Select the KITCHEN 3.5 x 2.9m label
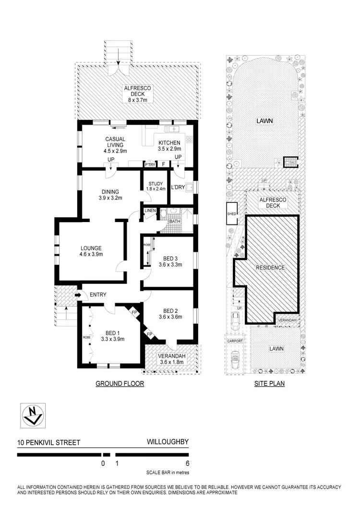pyautogui.click(x=169, y=146)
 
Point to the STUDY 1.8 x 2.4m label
pyautogui.click(x=155, y=186)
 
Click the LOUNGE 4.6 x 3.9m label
pyautogui.click(x=91, y=251)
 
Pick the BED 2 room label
pyautogui.click(x=171, y=313)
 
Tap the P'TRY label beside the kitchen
pyautogui.click(x=149, y=165)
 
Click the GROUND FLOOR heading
pyautogui.click(x=120, y=384)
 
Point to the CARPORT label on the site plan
pyautogui.click(x=235, y=341)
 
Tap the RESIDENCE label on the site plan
pyautogui.click(x=270, y=268)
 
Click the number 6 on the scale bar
pyautogui.click(x=187, y=463)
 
